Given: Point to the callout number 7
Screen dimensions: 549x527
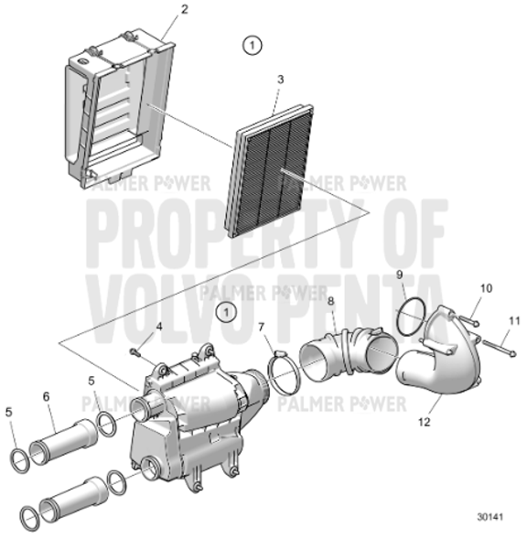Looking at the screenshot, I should (261, 328).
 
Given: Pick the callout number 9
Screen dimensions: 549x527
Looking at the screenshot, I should (399, 274).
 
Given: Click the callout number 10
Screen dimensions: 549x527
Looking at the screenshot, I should (486, 288).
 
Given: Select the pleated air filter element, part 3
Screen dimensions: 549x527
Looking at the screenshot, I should (275, 174).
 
